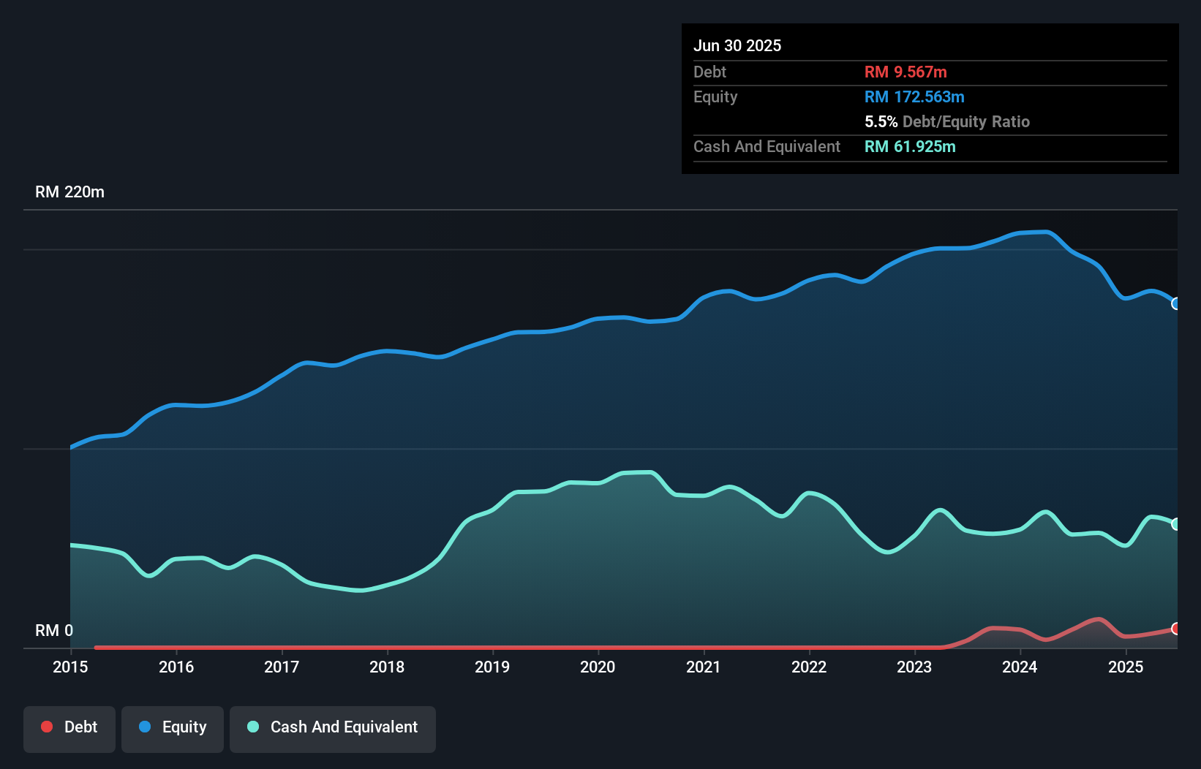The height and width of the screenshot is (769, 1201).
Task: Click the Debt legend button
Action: (69, 728)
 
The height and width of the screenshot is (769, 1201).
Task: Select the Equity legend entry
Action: (173, 728)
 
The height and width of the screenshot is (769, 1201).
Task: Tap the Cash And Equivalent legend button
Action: (333, 728)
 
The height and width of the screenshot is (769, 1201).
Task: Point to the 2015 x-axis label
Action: (70, 667)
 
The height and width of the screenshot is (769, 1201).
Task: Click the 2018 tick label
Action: (387, 667)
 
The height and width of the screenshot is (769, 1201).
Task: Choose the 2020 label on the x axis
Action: (598, 667)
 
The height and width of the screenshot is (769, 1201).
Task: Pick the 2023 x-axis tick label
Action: (914, 667)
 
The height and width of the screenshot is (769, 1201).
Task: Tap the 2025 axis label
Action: (1126, 667)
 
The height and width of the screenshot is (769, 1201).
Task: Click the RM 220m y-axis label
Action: (69, 192)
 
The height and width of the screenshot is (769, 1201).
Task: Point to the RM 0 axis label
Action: (54, 630)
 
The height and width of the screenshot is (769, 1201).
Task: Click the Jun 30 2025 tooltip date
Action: (737, 46)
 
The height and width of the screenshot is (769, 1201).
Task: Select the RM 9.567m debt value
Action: (906, 72)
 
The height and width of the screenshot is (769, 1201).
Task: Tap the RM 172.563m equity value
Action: (914, 97)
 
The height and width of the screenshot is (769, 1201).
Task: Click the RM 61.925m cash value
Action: (910, 147)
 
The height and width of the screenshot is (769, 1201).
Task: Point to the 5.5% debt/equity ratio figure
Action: (881, 122)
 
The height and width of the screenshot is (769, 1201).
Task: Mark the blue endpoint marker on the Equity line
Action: (1175, 303)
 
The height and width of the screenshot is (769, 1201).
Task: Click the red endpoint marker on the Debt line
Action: (1175, 629)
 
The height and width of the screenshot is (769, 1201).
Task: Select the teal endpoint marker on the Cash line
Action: (1175, 524)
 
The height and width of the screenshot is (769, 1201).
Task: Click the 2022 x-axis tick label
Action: (809, 667)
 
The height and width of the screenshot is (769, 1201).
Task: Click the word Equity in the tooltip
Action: (715, 97)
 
